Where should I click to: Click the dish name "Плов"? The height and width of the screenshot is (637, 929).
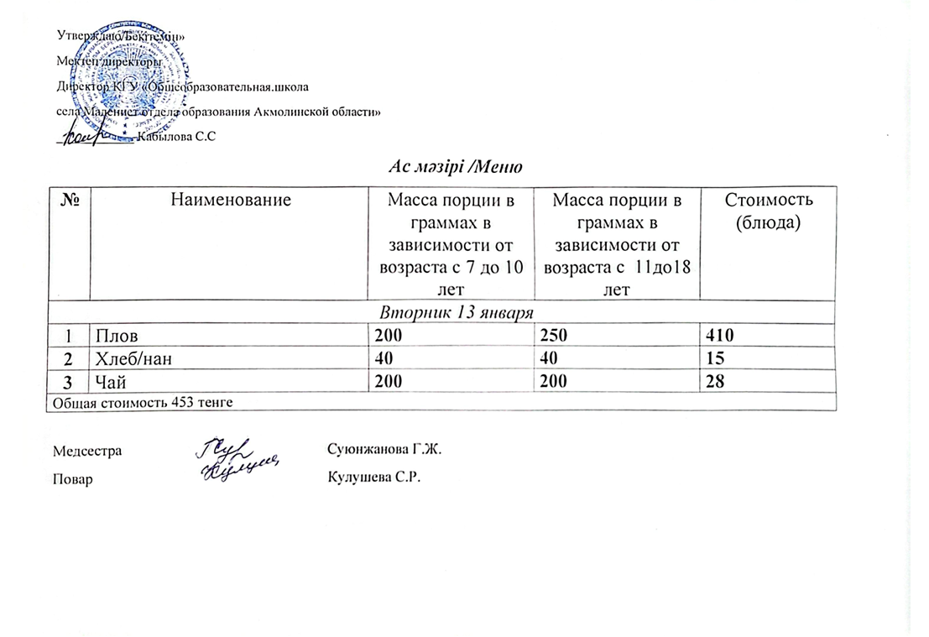click(113, 337)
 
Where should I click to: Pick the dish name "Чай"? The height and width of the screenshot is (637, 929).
click(109, 382)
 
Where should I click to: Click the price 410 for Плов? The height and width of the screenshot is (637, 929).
click(720, 337)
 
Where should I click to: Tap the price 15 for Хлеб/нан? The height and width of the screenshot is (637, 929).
click(715, 358)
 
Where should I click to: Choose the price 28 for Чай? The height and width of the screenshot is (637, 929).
click(715, 382)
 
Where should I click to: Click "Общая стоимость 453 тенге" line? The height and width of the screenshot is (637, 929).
click(142, 402)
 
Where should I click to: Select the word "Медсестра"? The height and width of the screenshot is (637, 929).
click(87, 451)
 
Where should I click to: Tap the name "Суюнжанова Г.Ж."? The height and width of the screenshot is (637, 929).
click(383, 450)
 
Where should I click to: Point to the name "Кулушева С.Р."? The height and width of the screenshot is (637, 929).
click(373, 478)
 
